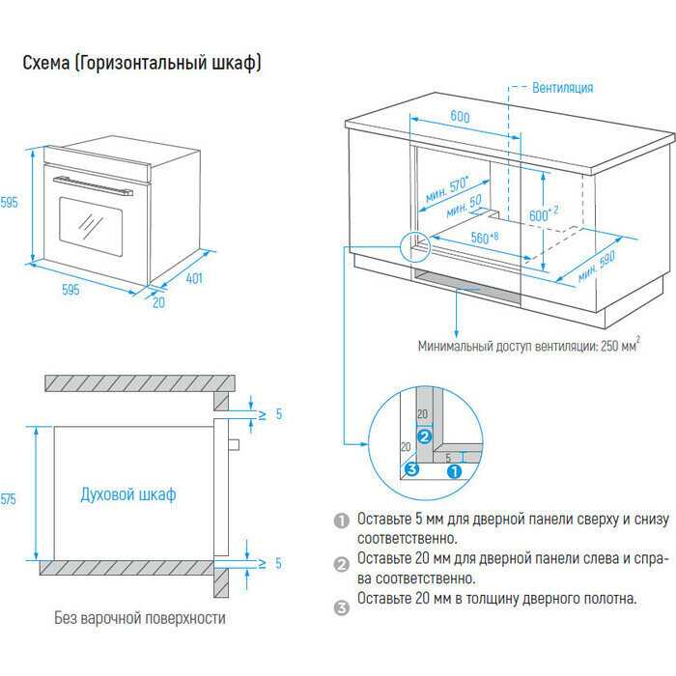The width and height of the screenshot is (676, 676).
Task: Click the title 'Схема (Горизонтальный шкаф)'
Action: (x=141, y=63)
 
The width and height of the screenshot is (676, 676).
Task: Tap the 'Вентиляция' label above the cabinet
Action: (x=562, y=88)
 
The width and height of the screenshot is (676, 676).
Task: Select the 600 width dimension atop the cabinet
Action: (x=459, y=117)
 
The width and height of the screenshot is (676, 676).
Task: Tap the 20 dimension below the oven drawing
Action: (x=158, y=302)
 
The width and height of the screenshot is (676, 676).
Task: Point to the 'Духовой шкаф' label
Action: (x=128, y=495)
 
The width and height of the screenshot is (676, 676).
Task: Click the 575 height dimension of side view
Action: (x=10, y=498)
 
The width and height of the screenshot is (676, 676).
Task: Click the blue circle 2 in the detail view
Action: (x=422, y=435)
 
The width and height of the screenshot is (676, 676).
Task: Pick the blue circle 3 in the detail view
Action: (x=412, y=470)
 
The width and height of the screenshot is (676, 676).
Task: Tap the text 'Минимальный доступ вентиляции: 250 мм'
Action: (x=527, y=345)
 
